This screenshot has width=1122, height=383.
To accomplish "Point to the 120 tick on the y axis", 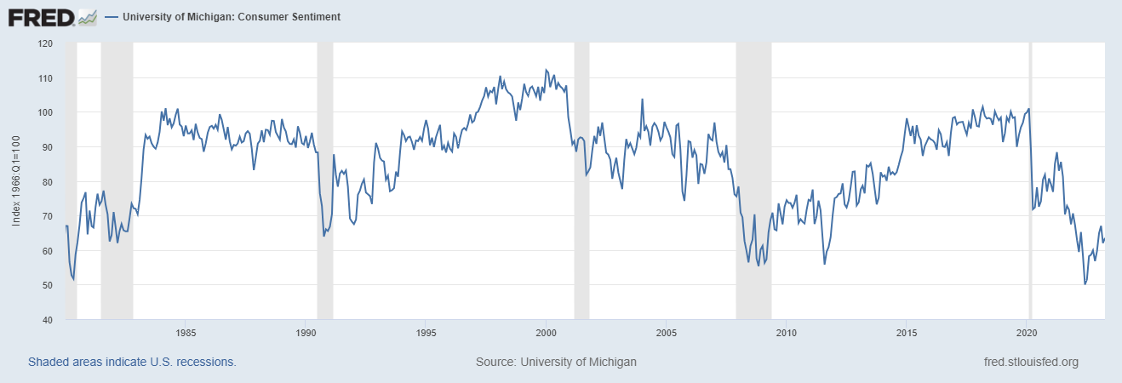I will [x=46, y=43].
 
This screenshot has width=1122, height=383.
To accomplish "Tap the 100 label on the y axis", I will [x=46, y=112].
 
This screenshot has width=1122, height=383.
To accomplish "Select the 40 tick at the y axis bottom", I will [x=49, y=320].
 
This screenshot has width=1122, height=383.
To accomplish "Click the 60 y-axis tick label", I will [x=49, y=251].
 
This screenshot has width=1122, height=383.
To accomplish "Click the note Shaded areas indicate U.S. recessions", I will [x=132, y=362].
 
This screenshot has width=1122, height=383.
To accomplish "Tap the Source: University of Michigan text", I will [x=556, y=362].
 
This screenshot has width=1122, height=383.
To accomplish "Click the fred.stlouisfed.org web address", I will [x=1031, y=362].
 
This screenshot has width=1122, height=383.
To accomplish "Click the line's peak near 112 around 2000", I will [x=546, y=70].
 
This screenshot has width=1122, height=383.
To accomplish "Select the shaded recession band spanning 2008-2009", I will [x=753, y=181].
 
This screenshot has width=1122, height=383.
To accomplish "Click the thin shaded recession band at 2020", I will [x=1030, y=181].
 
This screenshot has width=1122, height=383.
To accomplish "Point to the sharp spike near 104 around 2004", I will [x=642, y=100].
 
